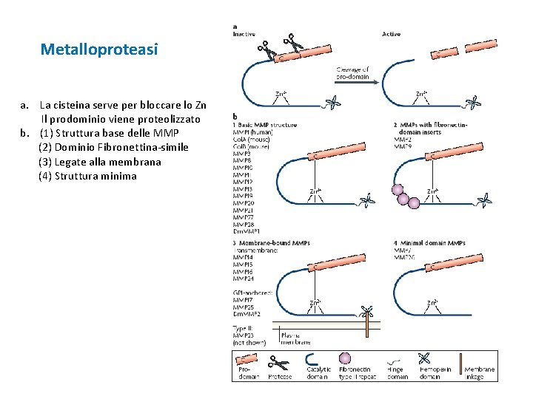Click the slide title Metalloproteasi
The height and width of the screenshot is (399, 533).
(99, 50)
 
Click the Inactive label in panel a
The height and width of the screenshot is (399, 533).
(244, 34)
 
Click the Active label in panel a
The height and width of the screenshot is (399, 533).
(391, 34)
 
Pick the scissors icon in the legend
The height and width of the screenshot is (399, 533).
(279, 362)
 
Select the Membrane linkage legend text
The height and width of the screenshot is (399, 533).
(480, 373)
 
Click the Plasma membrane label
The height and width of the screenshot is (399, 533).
(295, 338)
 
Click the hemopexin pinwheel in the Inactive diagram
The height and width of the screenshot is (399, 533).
(335, 103)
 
